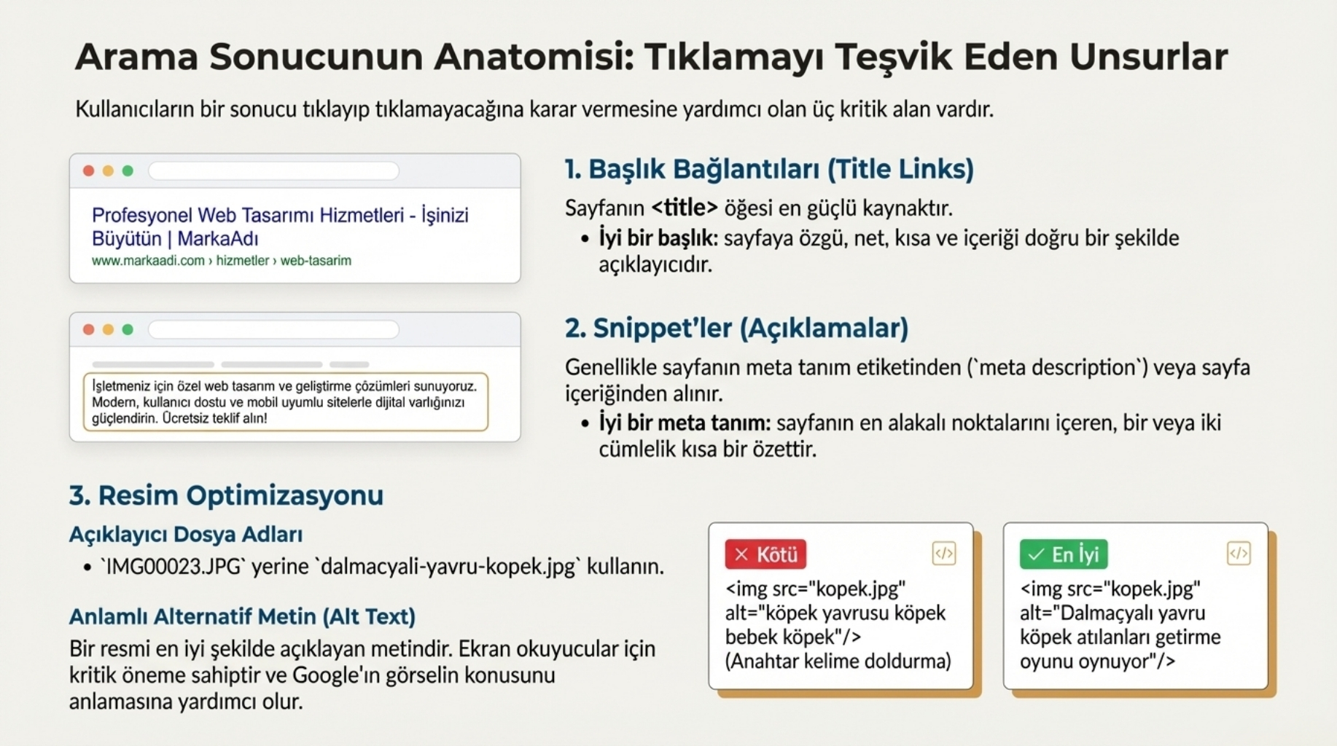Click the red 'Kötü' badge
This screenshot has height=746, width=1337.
coord(765,554)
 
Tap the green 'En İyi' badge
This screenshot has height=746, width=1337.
coord(1064,554)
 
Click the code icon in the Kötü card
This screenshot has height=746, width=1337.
coord(944,553)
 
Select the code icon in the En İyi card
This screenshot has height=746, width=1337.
coord(1239,553)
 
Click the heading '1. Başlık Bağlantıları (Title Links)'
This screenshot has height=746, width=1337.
coord(769,169)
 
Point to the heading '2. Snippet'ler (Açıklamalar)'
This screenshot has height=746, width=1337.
coord(736,328)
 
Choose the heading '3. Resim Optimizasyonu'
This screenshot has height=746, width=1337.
coord(226,495)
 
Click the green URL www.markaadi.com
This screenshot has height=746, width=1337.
coord(148,261)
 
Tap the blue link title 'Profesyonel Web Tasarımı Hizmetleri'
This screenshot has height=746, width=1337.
coord(248,216)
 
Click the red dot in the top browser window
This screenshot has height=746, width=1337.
coord(89,170)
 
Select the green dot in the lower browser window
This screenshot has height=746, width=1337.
coord(128,329)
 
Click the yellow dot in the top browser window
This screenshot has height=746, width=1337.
coord(108,170)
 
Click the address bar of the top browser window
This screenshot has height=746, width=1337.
coord(273,170)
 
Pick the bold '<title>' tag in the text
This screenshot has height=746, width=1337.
coord(685,208)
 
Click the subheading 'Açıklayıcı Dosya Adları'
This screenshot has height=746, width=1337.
coord(186,534)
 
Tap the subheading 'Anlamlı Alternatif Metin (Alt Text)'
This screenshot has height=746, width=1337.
coord(242,616)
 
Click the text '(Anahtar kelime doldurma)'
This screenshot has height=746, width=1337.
coord(838,661)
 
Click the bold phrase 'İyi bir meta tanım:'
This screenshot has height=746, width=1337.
coord(685,423)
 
